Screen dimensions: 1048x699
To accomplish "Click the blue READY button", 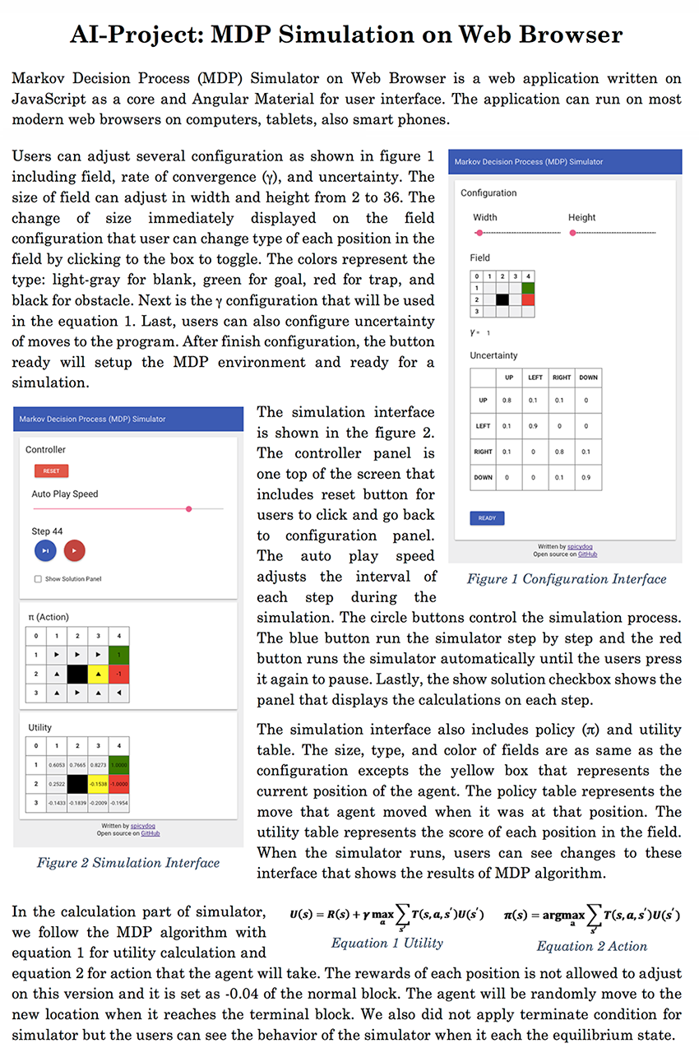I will pyautogui.click(x=487, y=518).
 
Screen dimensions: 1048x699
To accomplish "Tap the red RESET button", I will pyautogui.click(x=51, y=471).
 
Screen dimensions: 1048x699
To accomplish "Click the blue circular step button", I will pyautogui.click(x=45, y=550).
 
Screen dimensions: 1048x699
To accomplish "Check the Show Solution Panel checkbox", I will pyautogui.click(x=39, y=579).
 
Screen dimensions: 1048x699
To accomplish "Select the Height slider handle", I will pyautogui.click(x=572, y=233).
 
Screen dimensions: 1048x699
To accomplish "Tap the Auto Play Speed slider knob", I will pyautogui.click(x=189, y=509).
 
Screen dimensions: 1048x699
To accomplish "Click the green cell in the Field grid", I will pyautogui.click(x=528, y=288).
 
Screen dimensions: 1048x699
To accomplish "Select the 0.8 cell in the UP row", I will pyautogui.click(x=507, y=401).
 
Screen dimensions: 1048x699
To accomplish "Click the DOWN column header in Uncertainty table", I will pyautogui.click(x=589, y=378).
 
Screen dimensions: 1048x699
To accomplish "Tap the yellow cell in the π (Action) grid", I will pyautogui.click(x=98, y=674).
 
